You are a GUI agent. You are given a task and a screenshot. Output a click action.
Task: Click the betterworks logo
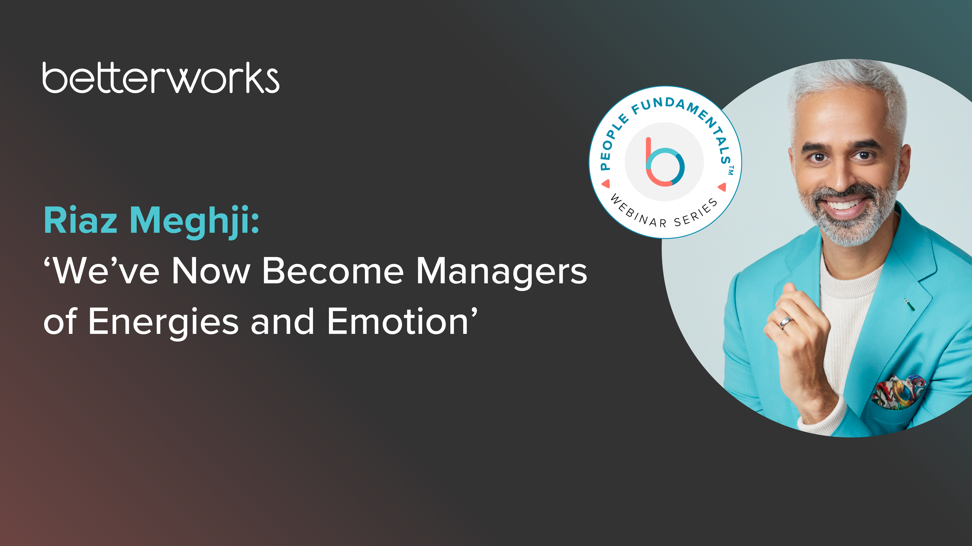point(161,78)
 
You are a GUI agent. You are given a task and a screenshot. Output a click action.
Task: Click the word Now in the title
point(211,271)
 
